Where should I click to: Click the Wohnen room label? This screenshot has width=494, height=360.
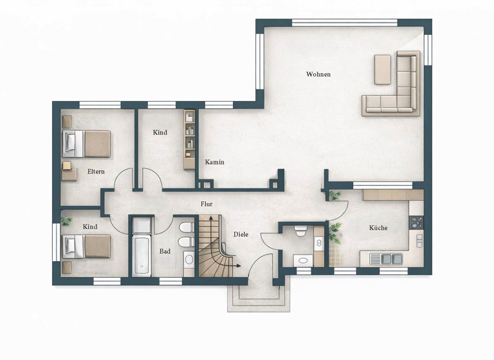tap(318, 75)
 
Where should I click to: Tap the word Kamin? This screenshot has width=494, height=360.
tap(215, 162)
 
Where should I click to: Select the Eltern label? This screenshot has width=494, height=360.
tap(96, 172)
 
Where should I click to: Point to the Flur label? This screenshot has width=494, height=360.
tap(206, 204)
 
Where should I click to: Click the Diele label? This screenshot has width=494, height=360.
tap(241, 235)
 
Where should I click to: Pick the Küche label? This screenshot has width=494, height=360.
tap(378, 228)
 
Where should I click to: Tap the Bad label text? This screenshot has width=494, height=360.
tap(165, 251)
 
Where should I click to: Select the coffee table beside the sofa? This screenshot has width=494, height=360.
tap(383, 69)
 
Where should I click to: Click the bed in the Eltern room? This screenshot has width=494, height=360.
tap(87, 143)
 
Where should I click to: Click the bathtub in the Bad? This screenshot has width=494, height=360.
tap(142, 249)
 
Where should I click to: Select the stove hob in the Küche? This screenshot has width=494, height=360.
tap(417, 222)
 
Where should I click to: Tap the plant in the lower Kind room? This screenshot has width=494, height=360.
tap(66, 221)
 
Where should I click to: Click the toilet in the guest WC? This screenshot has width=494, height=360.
tap(300, 230)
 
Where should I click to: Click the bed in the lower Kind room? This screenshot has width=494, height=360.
tap(87, 246)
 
